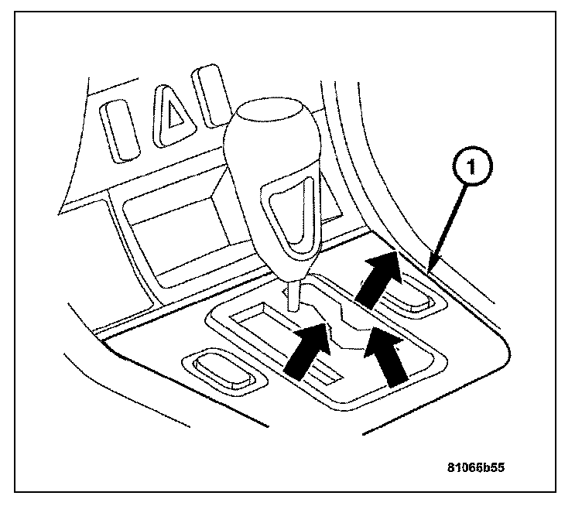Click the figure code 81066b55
coord(480,467)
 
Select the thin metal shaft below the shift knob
coord(293,294)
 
